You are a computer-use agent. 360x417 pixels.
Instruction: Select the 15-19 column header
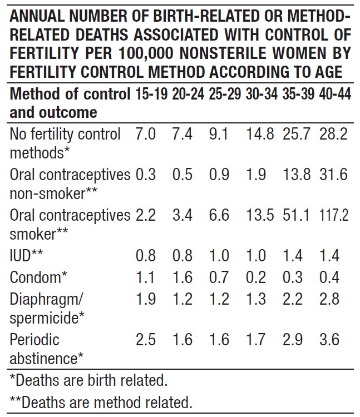pos(151,94)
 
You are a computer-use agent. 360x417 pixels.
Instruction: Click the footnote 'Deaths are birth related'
pos(89,381)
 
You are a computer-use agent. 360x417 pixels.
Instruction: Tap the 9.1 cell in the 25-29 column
pos(220,134)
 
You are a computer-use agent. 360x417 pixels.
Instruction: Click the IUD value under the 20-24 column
pos(183,256)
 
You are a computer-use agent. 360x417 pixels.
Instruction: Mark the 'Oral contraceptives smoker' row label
pos(70,224)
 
